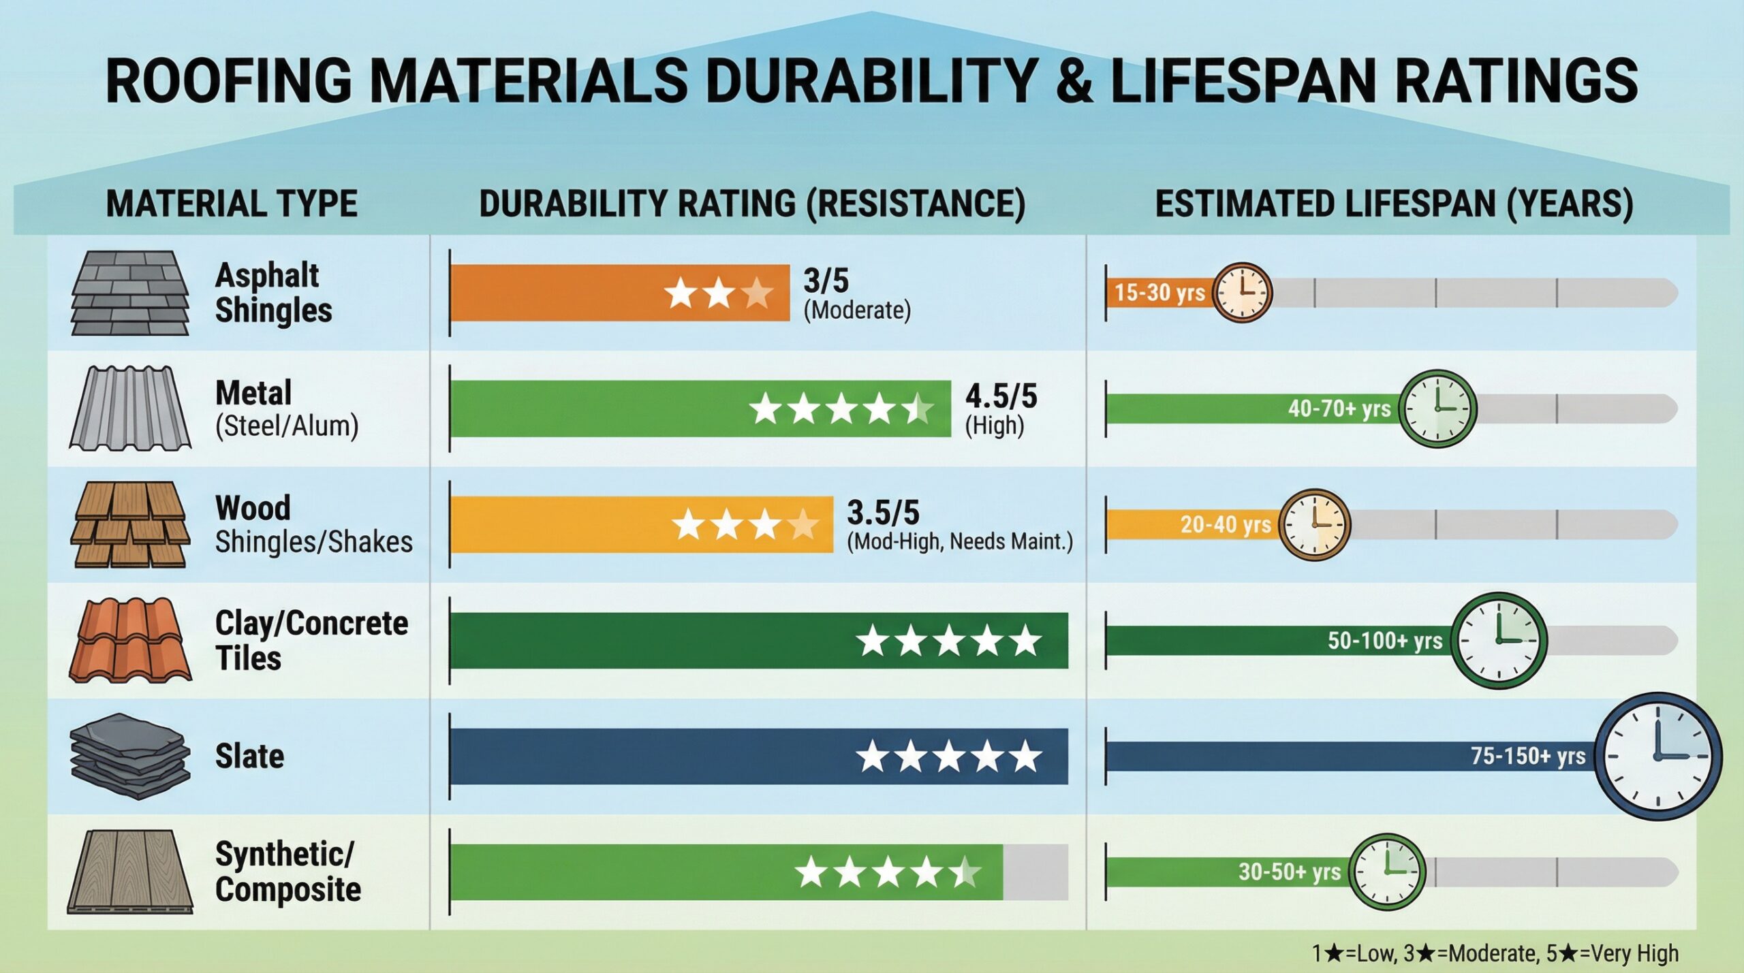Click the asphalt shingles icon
tap(130, 293)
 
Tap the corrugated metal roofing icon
tap(130, 409)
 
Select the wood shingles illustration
tap(130, 524)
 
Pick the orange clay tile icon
tap(130, 640)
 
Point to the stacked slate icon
tap(129, 756)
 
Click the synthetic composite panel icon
tap(130, 872)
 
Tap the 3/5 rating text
tap(826, 281)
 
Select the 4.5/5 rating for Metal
tap(1001, 396)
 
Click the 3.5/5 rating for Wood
tap(883, 512)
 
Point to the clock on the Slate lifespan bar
tap(1660, 756)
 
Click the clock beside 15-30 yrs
tap(1243, 293)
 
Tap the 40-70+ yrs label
tap(1339, 409)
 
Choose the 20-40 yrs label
tap(1225, 524)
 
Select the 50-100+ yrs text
tap(1384, 641)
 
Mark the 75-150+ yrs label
tap(1527, 756)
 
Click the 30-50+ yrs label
tap(1289, 872)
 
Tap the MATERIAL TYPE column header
tap(232, 204)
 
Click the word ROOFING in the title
tap(228, 80)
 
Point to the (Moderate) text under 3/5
tap(856, 310)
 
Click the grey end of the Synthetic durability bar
tap(1035, 872)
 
